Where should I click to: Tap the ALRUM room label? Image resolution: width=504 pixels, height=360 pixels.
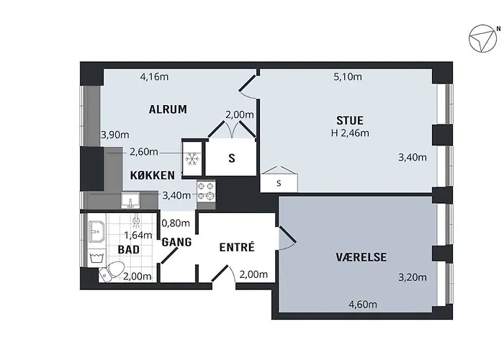click(167, 110)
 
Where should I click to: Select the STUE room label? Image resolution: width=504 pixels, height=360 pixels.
click(349, 120)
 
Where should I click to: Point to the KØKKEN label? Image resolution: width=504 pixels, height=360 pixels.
click(152, 176)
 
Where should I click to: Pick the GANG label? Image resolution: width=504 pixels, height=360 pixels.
click(176, 242)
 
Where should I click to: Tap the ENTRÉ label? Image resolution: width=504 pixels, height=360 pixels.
click(237, 247)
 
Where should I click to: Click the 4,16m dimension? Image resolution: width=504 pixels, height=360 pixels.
click(154, 76)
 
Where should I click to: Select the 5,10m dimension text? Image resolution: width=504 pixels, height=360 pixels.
click(348, 76)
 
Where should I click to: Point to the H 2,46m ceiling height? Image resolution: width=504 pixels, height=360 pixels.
click(350, 132)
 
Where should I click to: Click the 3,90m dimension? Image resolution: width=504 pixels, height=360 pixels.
click(114, 135)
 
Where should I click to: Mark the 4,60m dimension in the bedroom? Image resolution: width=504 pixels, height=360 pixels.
click(363, 305)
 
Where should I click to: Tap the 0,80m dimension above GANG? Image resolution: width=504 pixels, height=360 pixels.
click(176, 223)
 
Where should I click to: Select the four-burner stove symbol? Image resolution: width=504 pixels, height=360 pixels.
click(206, 191)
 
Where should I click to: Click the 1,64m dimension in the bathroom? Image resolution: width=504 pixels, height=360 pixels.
click(138, 235)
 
